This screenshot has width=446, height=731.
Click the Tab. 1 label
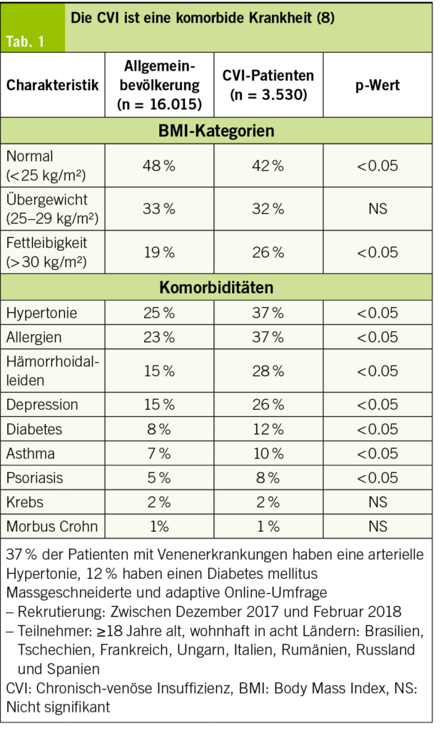(25, 41)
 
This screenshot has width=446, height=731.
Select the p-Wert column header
(377, 86)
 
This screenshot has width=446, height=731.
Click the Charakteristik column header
(53, 85)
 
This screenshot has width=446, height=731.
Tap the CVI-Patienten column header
(268, 85)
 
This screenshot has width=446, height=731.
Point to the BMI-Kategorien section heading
(216, 131)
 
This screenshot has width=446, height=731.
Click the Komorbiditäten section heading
(216, 287)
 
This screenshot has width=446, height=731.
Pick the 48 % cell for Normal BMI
(159, 166)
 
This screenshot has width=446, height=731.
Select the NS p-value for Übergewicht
(377, 208)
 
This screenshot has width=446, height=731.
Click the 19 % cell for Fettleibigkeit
(159, 252)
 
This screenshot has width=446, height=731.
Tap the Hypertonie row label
(41, 313)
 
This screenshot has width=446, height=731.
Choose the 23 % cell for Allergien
(159, 337)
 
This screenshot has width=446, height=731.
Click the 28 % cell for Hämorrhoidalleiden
(268, 370)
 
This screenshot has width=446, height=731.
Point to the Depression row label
(42, 405)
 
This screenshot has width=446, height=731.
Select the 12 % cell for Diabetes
(268, 429)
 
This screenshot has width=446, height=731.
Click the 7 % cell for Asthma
(159, 453)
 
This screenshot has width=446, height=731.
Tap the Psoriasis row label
(34, 478)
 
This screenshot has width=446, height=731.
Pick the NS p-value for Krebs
(377, 502)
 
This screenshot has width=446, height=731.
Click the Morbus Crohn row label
(51, 526)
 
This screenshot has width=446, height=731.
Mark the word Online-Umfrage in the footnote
(276, 593)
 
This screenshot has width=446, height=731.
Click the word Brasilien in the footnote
(395, 631)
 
